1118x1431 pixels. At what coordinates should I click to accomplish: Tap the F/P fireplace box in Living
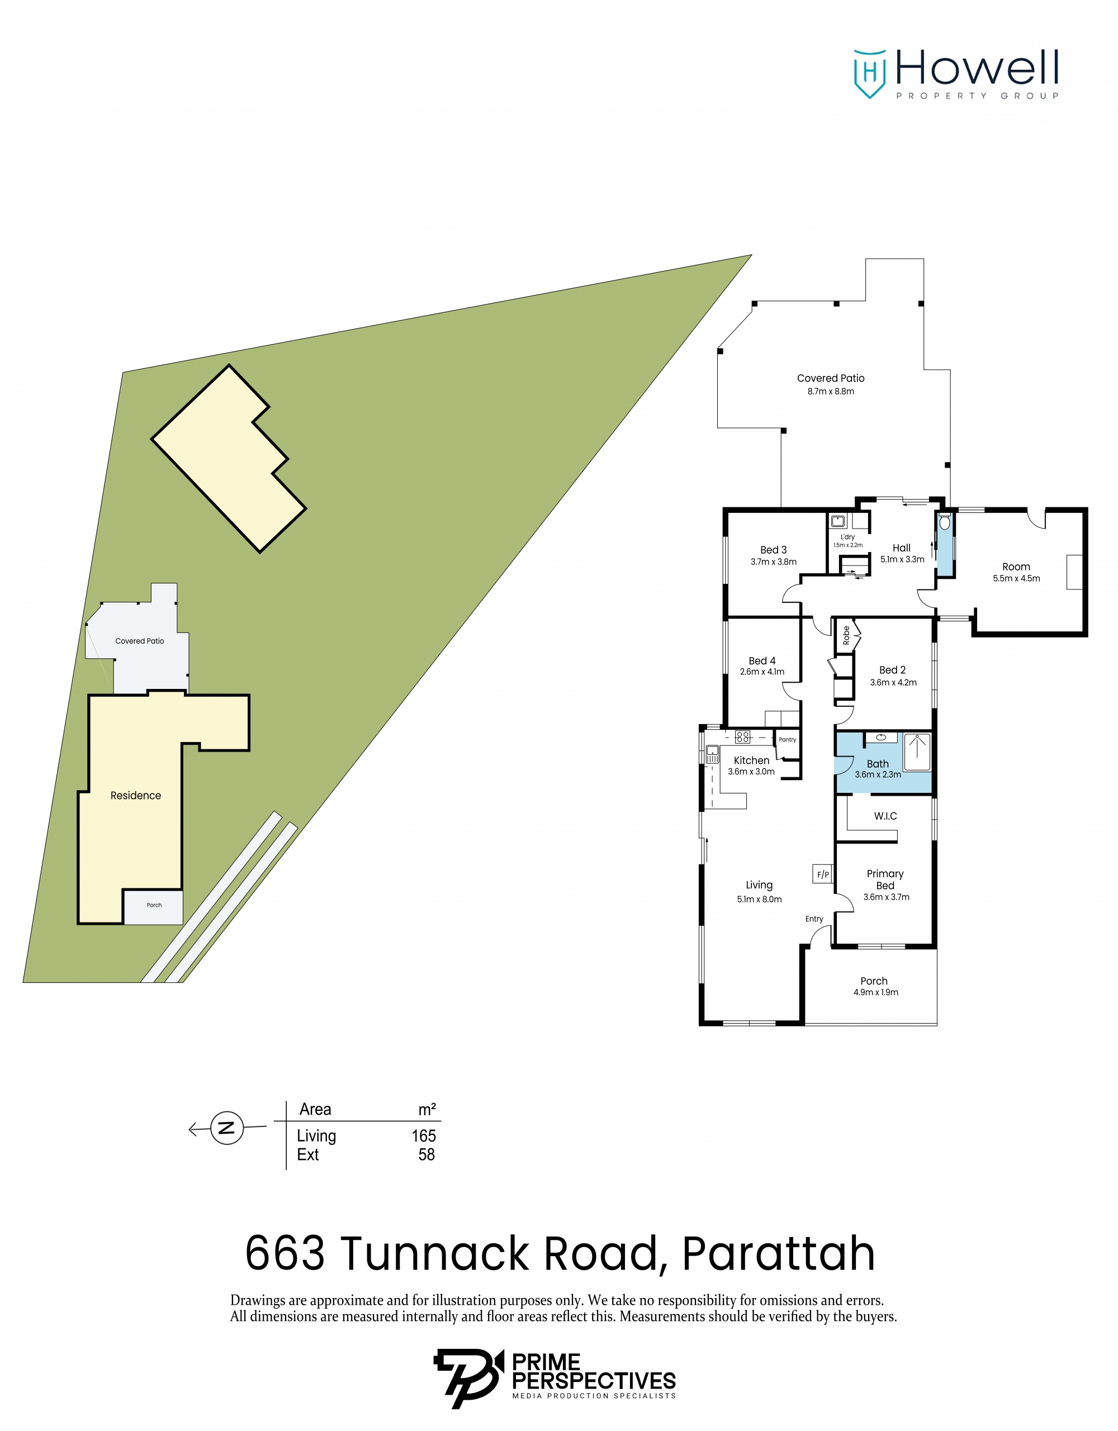click(822, 874)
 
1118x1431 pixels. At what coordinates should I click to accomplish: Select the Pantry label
click(787, 740)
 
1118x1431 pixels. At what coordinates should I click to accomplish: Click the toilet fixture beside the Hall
click(944, 522)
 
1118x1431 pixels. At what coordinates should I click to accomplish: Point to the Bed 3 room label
click(773, 550)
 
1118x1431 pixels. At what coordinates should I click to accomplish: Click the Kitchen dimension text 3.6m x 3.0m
click(751, 772)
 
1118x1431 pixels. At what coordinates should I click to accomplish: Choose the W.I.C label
click(885, 816)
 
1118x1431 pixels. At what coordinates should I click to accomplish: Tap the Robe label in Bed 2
click(846, 635)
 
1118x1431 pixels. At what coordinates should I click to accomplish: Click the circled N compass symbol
click(227, 1128)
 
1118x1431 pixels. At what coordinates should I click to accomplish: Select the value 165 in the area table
click(423, 1136)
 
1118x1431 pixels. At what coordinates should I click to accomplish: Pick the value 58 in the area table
click(427, 1154)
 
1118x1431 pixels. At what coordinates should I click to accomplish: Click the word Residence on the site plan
click(136, 796)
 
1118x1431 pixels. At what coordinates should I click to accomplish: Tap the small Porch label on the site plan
click(154, 905)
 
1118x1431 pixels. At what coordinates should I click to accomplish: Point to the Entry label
click(814, 919)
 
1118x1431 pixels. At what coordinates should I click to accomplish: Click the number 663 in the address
click(285, 1253)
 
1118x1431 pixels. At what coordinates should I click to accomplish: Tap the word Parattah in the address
click(779, 1253)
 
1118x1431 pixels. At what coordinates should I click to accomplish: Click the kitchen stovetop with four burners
click(742, 737)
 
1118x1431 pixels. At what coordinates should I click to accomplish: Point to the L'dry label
click(847, 536)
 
